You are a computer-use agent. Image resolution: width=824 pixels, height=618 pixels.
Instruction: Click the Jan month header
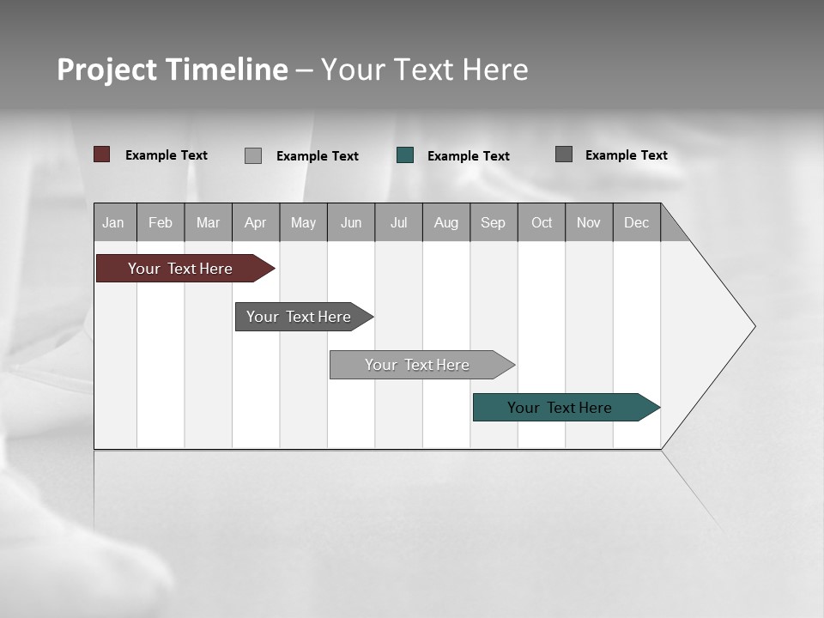[x=114, y=222]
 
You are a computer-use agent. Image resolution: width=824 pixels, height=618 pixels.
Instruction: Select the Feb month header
[x=161, y=222]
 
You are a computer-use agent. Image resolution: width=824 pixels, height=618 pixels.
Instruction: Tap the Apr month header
[x=256, y=222]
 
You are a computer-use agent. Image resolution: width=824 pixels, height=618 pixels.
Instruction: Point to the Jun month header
[x=351, y=222]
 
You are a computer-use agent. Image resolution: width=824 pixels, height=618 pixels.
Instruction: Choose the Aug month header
[x=446, y=222]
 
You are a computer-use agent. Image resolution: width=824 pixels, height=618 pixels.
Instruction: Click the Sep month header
[x=494, y=222]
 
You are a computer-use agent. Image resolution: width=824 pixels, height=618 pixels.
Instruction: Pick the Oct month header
[x=542, y=222]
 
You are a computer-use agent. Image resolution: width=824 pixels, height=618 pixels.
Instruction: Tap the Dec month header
[x=637, y=222]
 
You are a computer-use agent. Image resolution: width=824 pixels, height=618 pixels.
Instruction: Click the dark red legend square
[x=102, y=154]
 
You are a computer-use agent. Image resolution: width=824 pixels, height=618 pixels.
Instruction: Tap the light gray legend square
[x=253, y=155]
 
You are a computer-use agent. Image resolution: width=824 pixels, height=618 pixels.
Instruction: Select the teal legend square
[x=405, y=155]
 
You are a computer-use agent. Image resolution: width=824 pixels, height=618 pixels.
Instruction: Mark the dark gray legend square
[x=564, y=154]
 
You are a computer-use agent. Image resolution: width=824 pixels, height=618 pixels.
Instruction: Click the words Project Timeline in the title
[x=173, y=70]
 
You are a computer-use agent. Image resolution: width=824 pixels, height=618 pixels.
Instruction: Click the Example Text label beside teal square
[x=469, y=156]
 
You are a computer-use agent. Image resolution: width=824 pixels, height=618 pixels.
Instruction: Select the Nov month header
[x=589, y=222]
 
